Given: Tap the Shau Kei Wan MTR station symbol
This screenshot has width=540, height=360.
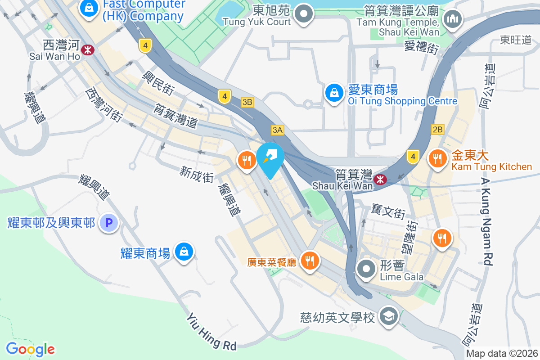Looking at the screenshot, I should pyautogui.click(x=381, y=180).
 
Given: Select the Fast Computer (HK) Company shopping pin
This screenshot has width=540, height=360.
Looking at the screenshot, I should pyautogui.click(x=90, y=8).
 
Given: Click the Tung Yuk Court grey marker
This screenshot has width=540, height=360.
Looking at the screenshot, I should pyautogui.click(x=305, y=13).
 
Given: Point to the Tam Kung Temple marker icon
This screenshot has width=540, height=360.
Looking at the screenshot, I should pyautogui.click(x=451, y=19).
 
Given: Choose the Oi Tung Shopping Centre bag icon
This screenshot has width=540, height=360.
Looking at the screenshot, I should pyautogui.click(x=334, y=93).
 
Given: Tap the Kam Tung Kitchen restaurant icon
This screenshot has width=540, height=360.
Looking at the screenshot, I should pyautogui.click(x=436, y=158).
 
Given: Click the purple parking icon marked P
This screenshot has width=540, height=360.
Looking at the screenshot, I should pyautogui.click(x=108, y=222).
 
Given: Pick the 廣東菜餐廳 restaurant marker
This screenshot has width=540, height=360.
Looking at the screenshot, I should pyautogui.click(x=309, y=260).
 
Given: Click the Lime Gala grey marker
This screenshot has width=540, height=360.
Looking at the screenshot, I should pyautogui.click(x=366, y=269).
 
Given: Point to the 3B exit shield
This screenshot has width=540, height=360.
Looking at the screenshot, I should pyautogui.click(x=247, y=102).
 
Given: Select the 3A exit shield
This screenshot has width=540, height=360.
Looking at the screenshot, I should pyautogui.click(x=278, y=130).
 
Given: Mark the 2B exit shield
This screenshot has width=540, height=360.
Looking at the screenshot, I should pyautogui.click(x=437, y=130).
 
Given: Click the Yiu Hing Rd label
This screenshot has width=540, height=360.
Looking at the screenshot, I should pyautogui.click(x=211, y=332).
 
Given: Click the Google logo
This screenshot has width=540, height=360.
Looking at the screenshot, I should pyautogui.click(x=31, y=349).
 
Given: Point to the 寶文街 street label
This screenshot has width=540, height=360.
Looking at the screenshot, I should pyautogui.click(x=389, y=209).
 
